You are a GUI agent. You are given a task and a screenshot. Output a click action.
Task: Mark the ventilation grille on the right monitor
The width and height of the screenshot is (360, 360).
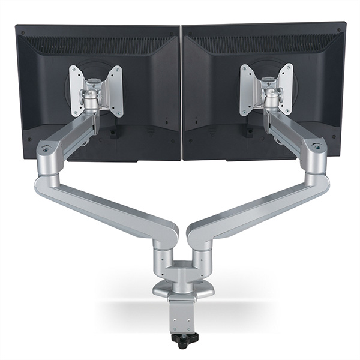click(x=264, y=43)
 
